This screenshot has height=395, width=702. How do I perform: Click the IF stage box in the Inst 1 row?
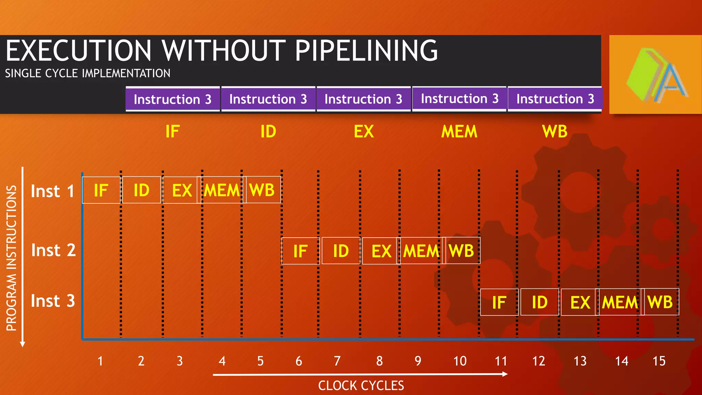[x=101, y=190]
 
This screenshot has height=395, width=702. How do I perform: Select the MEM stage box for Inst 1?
[x=222, y=190]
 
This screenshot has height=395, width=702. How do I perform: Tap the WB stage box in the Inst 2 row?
[x=461, y=251]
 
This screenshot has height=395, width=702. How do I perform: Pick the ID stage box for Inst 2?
[x=341, y=251]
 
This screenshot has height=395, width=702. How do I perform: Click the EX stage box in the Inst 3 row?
[x=580, y=302]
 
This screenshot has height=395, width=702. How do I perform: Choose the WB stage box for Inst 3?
[x=660, y=302]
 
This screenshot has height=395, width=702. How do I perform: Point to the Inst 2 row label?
[x=53, y=250]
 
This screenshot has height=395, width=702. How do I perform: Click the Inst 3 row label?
[x=53, y=301]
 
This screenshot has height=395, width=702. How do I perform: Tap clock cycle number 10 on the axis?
[x=460, y=361]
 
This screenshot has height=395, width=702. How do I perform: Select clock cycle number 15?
[x=659, y=361]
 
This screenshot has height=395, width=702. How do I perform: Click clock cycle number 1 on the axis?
[x=100, y=361]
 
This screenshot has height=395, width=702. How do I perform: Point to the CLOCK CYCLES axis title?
[x=361, y=386]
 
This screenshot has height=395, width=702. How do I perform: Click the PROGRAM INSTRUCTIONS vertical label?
[x=12, y=258]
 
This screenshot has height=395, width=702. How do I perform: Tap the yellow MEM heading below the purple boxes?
[x=459, y=132]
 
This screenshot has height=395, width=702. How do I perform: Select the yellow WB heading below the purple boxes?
[x=555, y=132]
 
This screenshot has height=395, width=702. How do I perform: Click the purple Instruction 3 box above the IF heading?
[x=172, y=99]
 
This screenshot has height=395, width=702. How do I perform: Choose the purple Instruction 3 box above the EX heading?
[x=363, y=99]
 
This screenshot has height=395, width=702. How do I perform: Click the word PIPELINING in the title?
[x=366, y=50]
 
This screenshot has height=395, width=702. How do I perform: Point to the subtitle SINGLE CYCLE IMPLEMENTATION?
[x=87, y=73]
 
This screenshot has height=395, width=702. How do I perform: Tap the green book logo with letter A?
[x=655, y=74]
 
